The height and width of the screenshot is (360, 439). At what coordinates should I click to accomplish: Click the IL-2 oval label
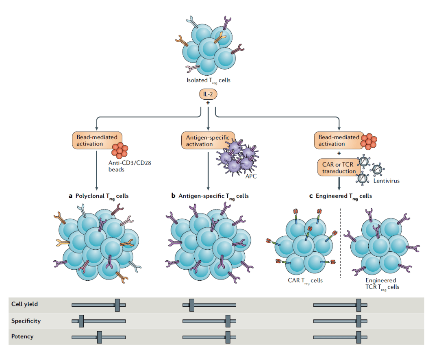tap(208, 95)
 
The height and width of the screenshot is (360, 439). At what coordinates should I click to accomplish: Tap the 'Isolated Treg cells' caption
tap(208, 80)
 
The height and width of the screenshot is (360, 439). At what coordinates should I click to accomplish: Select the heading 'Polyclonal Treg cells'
tap(98, 196)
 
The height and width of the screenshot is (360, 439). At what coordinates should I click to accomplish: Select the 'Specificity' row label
tap(26, 321)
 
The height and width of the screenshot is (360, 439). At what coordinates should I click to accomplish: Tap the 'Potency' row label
tap(22, 337)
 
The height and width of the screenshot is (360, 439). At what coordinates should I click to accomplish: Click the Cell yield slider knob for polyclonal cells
tap(117, 305)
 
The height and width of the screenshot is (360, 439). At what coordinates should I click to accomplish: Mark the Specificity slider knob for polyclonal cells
tap(81, 321)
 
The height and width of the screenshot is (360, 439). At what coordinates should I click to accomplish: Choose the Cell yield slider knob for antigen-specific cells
tap(191, 305)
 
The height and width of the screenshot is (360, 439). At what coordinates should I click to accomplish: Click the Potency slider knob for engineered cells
tap(359, 337)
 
